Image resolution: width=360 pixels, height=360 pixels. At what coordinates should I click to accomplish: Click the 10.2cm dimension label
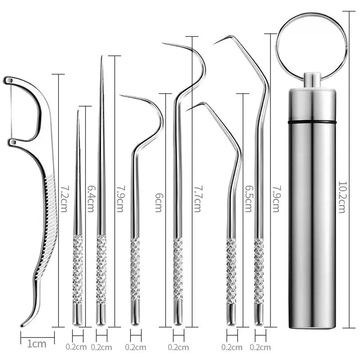342,197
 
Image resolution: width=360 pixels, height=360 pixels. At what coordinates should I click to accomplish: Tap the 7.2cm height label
63,198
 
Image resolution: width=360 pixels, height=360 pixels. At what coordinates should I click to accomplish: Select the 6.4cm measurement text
90,198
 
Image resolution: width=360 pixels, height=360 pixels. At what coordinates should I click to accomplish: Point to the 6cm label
159,202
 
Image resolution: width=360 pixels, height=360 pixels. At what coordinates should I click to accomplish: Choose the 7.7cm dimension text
198,199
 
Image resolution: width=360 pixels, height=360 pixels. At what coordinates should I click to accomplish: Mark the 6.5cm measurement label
248,199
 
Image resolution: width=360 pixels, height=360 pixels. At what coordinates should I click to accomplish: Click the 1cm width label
37,344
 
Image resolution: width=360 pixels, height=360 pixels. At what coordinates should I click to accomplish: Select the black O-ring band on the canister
312,122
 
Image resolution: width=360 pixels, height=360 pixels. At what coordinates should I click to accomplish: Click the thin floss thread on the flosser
11,110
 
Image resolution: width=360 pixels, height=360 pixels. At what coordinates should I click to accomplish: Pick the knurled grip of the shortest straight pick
77,269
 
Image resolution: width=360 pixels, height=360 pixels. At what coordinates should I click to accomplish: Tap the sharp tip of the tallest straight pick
102,56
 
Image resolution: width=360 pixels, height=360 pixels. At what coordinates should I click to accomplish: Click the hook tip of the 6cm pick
121,95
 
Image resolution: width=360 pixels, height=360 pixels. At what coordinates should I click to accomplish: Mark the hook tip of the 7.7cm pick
163,43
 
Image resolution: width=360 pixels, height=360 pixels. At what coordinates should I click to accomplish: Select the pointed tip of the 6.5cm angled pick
186,111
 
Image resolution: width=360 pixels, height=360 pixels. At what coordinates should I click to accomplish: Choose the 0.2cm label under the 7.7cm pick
178,347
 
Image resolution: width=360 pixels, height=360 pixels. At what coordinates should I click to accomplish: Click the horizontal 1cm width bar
37,337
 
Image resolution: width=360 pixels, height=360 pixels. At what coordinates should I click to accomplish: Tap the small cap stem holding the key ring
312,80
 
